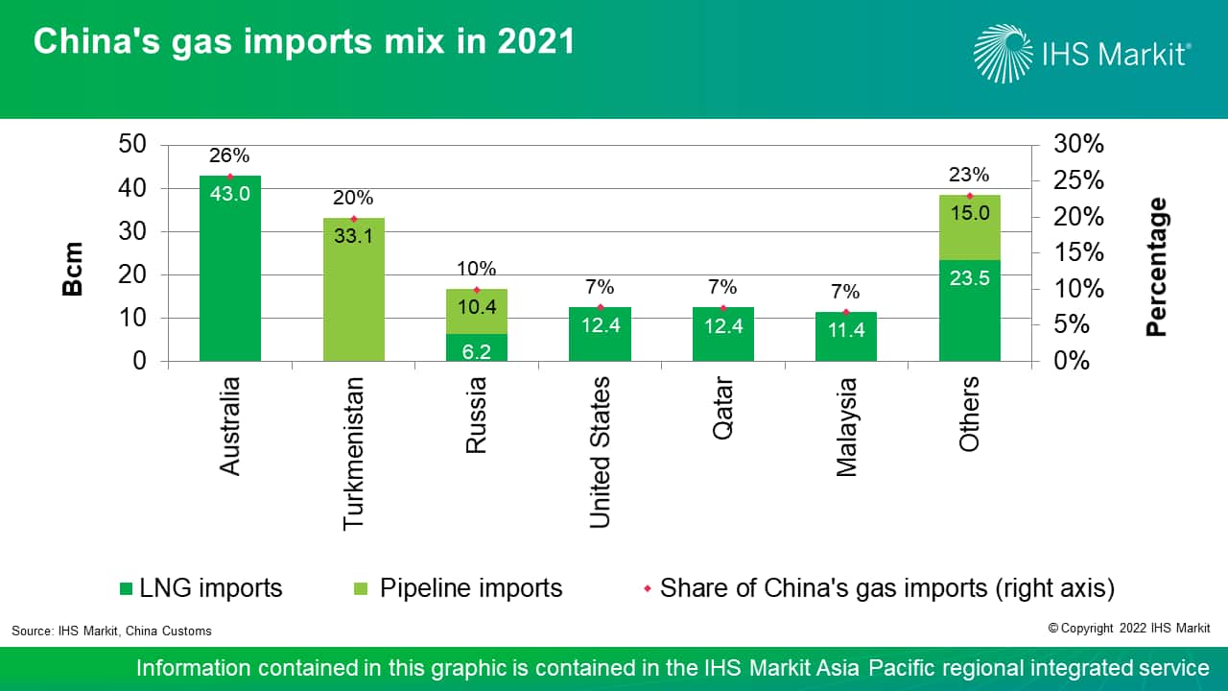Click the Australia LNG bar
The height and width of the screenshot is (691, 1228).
(x=230, y=278)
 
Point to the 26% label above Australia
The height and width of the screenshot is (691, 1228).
(x=230, y=155)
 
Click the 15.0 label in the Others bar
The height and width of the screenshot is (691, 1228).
(x=969, y=213)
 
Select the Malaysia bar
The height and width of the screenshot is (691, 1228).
(x=845, y=336)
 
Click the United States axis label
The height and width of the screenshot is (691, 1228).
(x=600, y=451)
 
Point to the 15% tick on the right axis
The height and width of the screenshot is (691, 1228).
(x=1078, y=253)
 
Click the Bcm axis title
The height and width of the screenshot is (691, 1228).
(x=73, y=269)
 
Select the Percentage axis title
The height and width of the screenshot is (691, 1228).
(x=1157, y=267)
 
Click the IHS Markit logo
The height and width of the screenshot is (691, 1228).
(x=1082, y=53)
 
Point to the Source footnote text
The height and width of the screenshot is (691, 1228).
(x=111, y=631)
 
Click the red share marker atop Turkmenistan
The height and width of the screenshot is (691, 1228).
(x=353, y=219)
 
